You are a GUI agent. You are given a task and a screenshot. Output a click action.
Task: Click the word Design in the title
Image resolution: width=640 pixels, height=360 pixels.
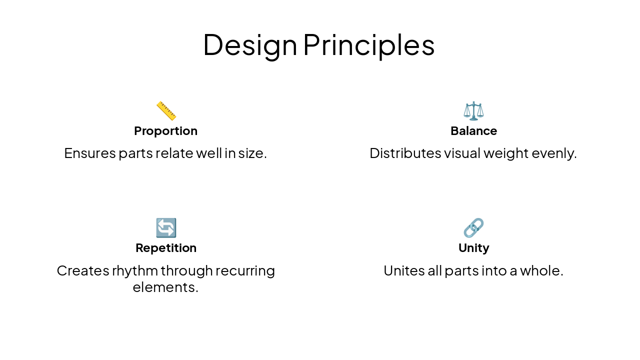[x=250, y=45]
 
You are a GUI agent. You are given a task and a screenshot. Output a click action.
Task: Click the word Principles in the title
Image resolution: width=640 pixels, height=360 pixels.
[x=368, y=45]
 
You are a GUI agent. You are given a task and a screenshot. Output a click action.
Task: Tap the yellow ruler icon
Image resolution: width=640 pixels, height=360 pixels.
[x=166, y=110]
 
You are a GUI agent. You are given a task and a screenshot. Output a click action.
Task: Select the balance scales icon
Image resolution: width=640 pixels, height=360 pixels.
[x=473, y=110]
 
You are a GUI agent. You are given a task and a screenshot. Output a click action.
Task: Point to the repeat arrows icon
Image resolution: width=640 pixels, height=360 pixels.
[x=166, y=228]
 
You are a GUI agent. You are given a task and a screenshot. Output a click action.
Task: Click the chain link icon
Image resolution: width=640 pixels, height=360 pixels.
[x=473, y=228]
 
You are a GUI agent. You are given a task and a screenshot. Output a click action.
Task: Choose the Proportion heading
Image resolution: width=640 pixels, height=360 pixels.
[x=166, y=131]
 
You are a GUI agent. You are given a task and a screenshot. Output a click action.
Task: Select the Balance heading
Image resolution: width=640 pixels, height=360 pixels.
[x=473, y=131]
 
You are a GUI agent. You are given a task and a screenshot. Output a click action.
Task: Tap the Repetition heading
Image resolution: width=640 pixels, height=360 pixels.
[x=166, y=248]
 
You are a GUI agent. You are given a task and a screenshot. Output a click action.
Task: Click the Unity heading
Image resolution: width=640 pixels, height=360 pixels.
[x=473, y=248]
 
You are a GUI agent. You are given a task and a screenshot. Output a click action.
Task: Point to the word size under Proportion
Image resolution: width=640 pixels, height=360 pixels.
[x=253, y=153]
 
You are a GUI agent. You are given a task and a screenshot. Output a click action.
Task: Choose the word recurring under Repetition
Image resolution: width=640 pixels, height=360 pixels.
[x=245, y=270]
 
